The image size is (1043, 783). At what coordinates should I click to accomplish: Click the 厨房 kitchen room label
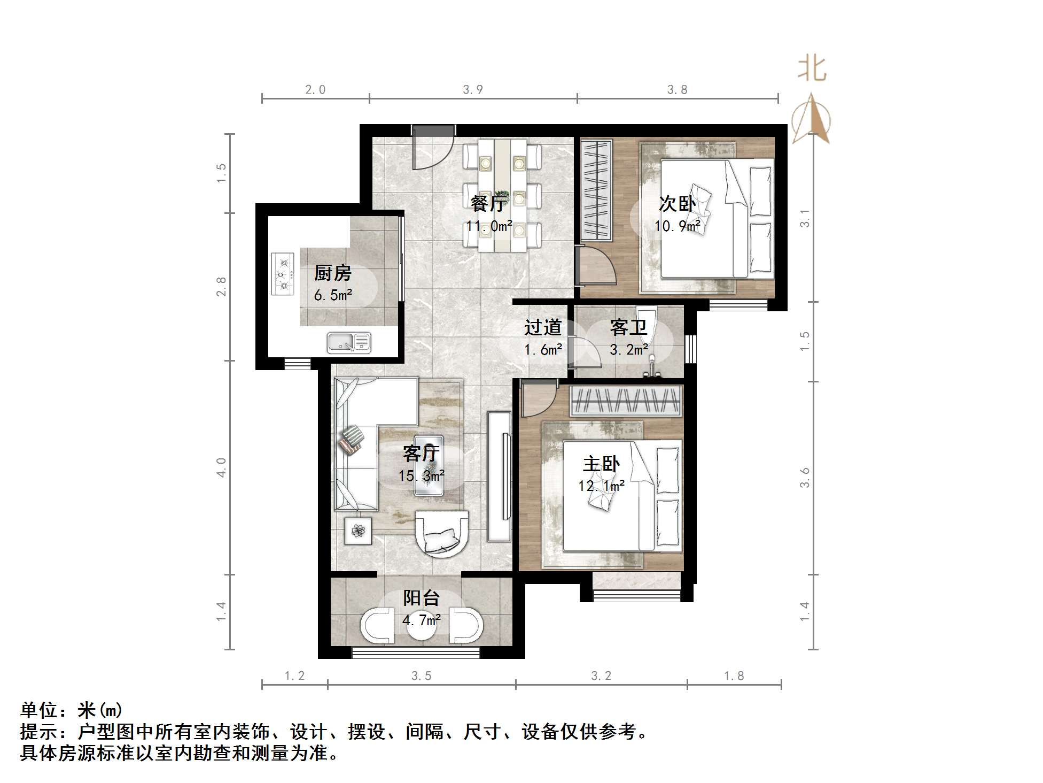tap(332, 273)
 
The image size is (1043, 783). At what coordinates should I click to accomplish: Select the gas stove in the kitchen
tap(283, 274)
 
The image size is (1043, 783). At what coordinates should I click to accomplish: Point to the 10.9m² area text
tap(677, 226)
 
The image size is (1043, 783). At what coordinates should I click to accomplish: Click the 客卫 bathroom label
tap(628, 327)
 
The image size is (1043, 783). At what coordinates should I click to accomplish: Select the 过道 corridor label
tap(543, 327)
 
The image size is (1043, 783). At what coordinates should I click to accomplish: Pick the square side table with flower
tap(358, 531)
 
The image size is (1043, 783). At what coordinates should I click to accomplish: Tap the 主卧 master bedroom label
tap(601, 464)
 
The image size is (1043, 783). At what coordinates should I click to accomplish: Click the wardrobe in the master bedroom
tap(626, 401)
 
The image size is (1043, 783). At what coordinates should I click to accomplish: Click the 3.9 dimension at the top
tap(473, 90)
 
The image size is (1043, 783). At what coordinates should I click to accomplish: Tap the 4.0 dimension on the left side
tap(221, 467)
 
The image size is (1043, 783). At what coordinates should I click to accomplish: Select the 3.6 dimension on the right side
tap(805, 478)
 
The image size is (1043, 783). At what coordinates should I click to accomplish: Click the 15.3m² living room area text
tap(422, 476)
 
